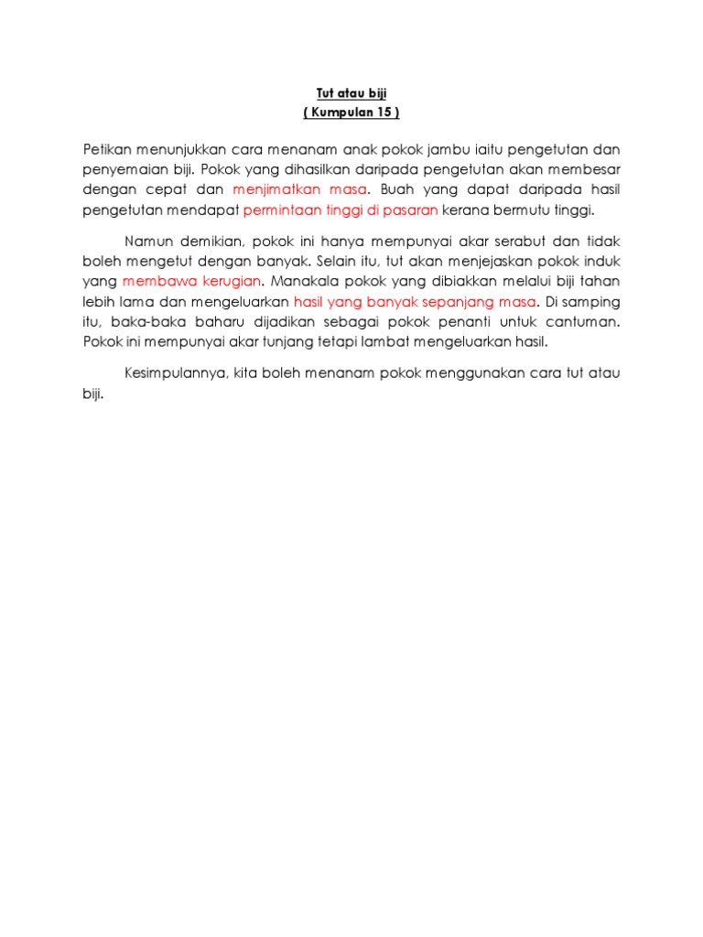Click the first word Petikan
(106, 149)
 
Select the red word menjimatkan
(274, 190)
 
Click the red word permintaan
(281, 211)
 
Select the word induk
(600, 262)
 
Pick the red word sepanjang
(466, 302)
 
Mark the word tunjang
(274, 342)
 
